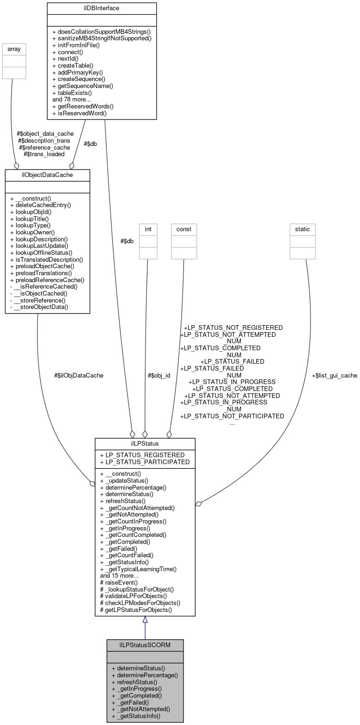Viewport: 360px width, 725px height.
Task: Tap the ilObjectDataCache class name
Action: pyautogui.click(x=47, y=174)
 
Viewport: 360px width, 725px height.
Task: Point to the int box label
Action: pyautogui.click(x=148, y=228)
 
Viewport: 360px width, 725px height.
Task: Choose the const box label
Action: pyautogui.click(x=183, y=228)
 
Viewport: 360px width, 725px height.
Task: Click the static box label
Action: pyautogui.click(x=303, y=228)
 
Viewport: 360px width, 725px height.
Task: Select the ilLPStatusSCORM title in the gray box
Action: pyautogui.click(x=145, y=645)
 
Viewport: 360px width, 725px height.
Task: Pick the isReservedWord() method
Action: pyautogui.click(x=80, y=113)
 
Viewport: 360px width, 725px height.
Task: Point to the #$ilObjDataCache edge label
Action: pyautogui.click(x=79, y=375)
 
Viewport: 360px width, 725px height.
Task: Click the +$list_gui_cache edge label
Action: pyautogui.click(x=334, y=375)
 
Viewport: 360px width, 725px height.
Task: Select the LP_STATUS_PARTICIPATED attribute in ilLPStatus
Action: pyautogui.click(x=145, y=461)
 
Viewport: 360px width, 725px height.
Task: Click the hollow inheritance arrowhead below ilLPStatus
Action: pyautogui.click(x=145, y=620)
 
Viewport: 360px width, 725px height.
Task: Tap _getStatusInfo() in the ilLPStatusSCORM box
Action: pyautogui.click(x=136, y=716)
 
